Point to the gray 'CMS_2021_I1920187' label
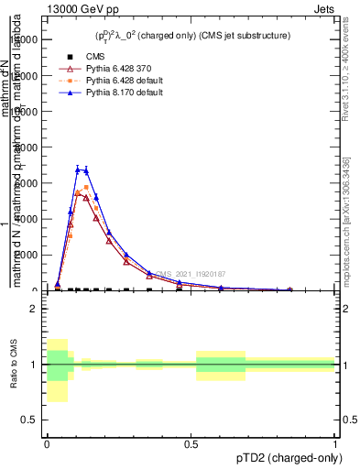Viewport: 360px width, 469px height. click(x=191, y=274)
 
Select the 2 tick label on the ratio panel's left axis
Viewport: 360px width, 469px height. click(x=34, y=310)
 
